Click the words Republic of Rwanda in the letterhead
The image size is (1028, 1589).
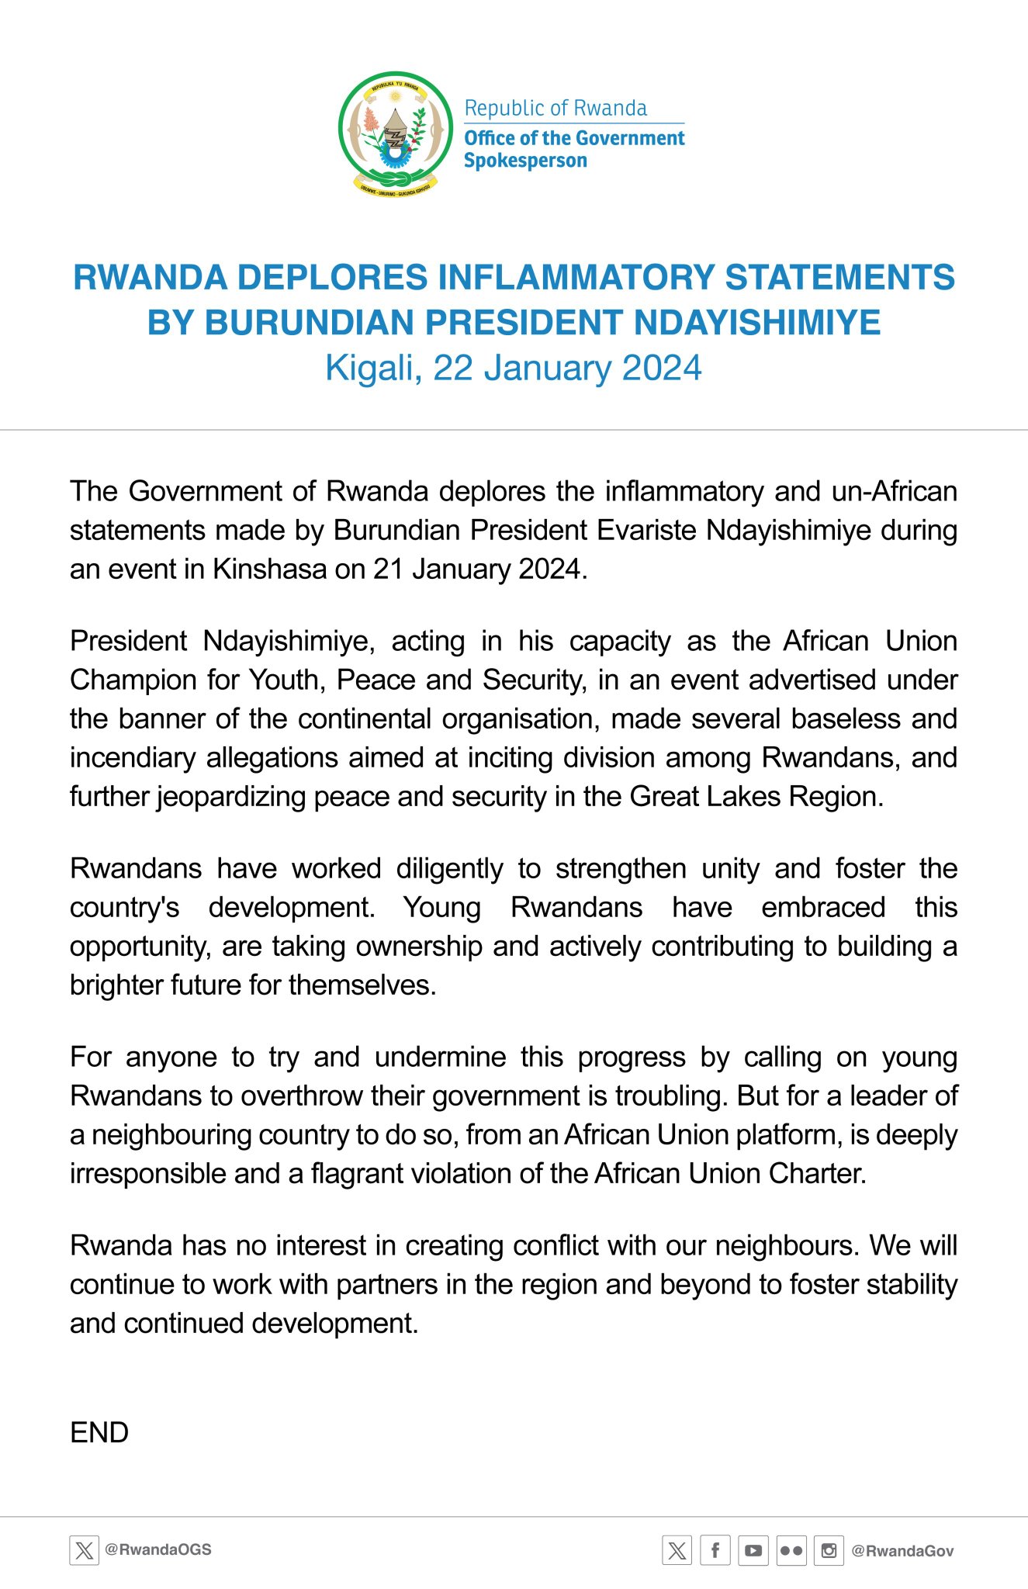(556, 108)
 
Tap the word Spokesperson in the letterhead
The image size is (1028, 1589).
(525, 161)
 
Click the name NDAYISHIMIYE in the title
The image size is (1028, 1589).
(757, 323)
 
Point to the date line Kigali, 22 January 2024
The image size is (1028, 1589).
(514, 368)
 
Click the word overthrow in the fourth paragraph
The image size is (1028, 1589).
(303, 1096)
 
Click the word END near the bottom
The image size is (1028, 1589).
(99, 1432)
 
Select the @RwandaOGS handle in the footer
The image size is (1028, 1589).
(158, 1549)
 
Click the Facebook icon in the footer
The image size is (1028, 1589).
(715, 1550)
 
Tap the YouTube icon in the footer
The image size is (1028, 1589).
(753, 1550)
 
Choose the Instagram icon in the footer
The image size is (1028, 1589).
(829, 1550)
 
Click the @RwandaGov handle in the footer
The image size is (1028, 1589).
(902, 1550)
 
